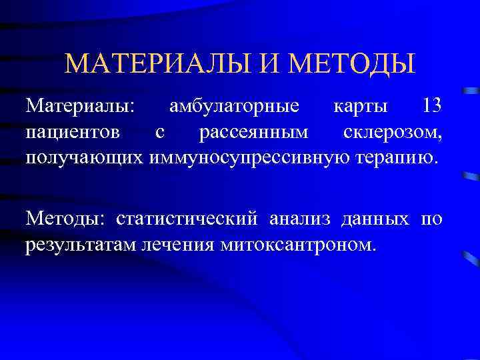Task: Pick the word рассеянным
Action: [254, 132]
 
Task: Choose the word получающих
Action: [84, 157]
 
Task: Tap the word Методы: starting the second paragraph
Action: [66, 219]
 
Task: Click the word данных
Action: [375, 219]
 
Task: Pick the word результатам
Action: [81, 244]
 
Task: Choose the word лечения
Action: [178, 244]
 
